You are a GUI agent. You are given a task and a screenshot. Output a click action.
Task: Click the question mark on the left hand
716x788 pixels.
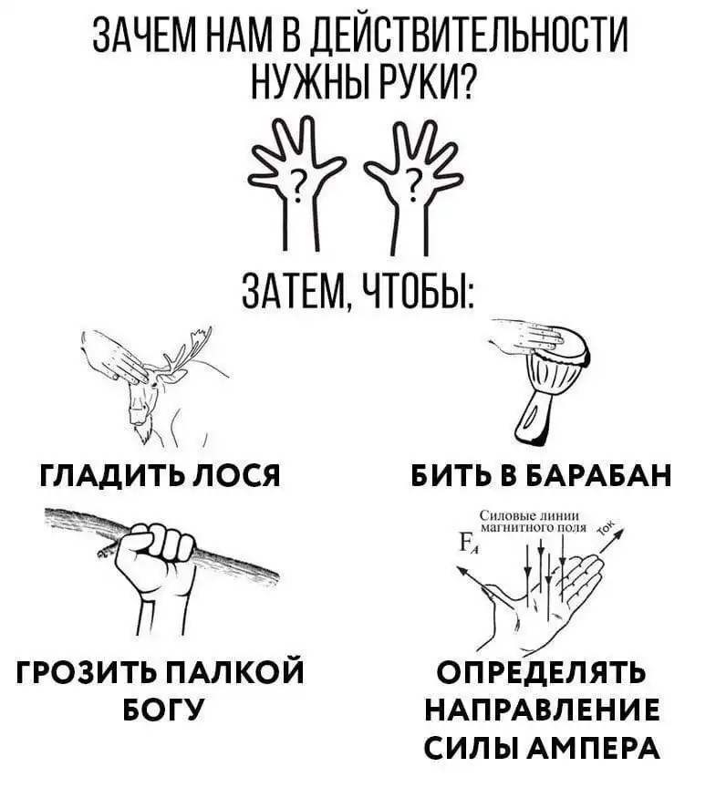tap(298, 184)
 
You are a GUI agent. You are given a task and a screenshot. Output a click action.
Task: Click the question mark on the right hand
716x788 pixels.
tap(414, 184)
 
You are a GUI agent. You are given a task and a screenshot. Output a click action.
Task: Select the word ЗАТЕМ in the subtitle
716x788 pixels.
tap(296, 293)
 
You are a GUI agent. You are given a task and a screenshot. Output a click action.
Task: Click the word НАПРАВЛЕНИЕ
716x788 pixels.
tap(542, 710)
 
